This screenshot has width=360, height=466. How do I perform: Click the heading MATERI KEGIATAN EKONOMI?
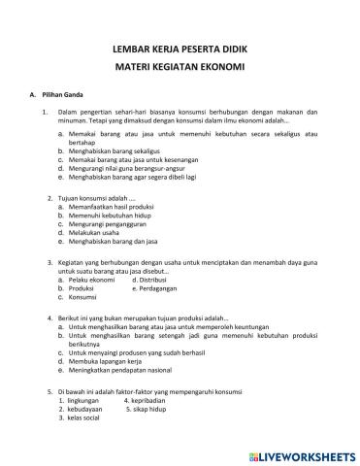(180, 67)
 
